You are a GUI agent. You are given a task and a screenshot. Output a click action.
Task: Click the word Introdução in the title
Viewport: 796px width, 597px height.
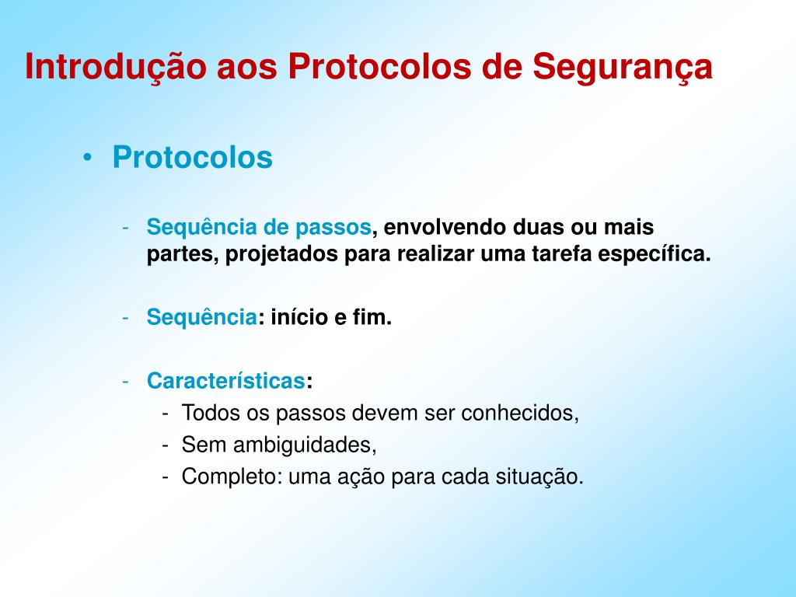pos(116,68)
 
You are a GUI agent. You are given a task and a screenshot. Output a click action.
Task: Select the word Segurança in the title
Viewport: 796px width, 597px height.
pos(623,68)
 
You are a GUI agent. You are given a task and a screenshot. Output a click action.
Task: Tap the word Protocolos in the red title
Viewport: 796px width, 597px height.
pos(379,66)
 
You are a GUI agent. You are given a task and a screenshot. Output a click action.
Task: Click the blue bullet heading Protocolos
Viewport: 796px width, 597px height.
pos(193,157)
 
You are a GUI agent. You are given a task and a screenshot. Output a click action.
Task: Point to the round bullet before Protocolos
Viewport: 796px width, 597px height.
pos(88,157)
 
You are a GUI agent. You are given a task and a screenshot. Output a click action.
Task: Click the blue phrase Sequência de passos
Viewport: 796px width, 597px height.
pos(259,228)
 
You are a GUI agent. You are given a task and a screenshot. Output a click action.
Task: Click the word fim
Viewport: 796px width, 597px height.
pos(372,317)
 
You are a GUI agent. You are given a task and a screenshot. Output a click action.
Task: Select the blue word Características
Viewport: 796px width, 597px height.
pos(226,381)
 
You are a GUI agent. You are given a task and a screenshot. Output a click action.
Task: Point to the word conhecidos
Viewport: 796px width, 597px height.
pos(520,413)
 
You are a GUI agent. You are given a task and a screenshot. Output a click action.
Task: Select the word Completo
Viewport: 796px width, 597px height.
pos(232,477)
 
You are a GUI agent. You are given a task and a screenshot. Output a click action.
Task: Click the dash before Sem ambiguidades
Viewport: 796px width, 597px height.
pos(165,445)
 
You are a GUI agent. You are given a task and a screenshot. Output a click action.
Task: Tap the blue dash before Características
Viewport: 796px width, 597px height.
pos(125,382)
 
